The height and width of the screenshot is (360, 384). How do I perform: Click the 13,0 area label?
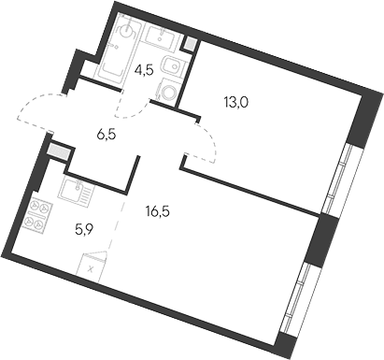[235, 102]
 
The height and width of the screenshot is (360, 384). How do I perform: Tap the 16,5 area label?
[157, 212]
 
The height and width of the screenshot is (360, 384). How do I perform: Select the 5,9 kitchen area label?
[84, 230]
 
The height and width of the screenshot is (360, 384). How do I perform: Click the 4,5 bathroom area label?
[144, 70]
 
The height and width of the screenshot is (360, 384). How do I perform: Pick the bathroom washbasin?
[162, 36]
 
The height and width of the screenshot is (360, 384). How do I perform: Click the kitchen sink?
[76, 189]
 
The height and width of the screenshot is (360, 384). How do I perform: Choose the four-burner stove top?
[38, 215]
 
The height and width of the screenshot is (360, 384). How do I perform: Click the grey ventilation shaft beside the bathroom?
[190, 43]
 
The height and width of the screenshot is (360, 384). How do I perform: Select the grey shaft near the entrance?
[60, 152]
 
